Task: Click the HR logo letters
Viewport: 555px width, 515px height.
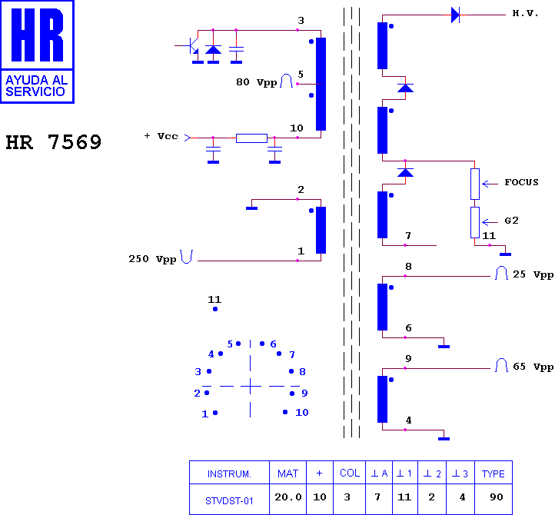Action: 37,35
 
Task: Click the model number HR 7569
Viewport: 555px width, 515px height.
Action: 54,142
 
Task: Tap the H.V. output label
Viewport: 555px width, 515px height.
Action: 525,13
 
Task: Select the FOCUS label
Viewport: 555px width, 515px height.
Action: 521,182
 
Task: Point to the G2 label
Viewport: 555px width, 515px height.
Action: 511,221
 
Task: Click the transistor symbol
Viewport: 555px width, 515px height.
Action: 191,46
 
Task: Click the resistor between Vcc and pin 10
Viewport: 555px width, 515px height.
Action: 251,138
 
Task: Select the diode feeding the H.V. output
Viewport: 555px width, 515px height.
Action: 456,15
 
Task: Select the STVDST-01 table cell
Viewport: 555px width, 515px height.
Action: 229,501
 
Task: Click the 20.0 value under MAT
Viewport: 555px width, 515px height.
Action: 288,497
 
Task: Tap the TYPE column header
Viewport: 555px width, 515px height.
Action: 493,473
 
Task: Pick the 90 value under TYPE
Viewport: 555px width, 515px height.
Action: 497,497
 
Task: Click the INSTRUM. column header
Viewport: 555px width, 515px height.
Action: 229,474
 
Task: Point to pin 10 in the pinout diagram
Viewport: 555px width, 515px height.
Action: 285,412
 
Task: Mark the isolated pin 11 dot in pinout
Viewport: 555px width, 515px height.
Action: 215,309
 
